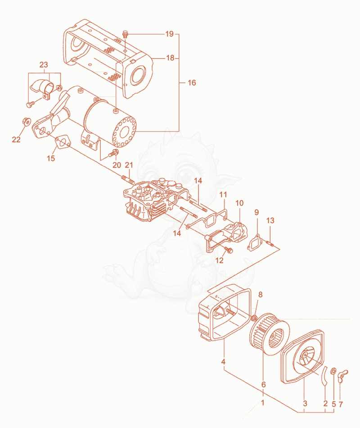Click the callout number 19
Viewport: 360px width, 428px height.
tap(169, 34)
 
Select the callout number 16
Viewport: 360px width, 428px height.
tap(192, 83)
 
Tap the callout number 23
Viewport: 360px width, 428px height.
tap(44, 65)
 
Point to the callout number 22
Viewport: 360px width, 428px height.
tap(16, 140)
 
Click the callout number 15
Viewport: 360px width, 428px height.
tap(51, 158)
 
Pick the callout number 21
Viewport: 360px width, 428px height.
tap(129, 165)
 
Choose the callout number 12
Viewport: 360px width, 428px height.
tap(219, 260)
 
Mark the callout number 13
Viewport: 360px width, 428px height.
tap(270, 221)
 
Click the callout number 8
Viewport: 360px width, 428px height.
tap(261, 295)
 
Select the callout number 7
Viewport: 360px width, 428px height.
tap(341, 404)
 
